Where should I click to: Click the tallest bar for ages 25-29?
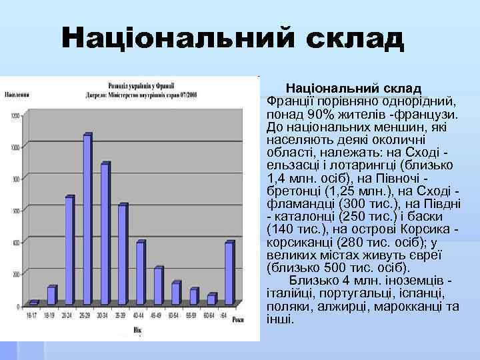click(87, 220)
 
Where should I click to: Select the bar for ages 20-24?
click(69, 251)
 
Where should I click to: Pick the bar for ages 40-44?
click(140, 273)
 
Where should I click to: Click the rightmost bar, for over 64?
click(229, 273)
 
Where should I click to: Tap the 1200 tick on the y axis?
click(16, 117)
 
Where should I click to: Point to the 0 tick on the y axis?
click(19, 306)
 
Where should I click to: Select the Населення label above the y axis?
click(17, 95)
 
